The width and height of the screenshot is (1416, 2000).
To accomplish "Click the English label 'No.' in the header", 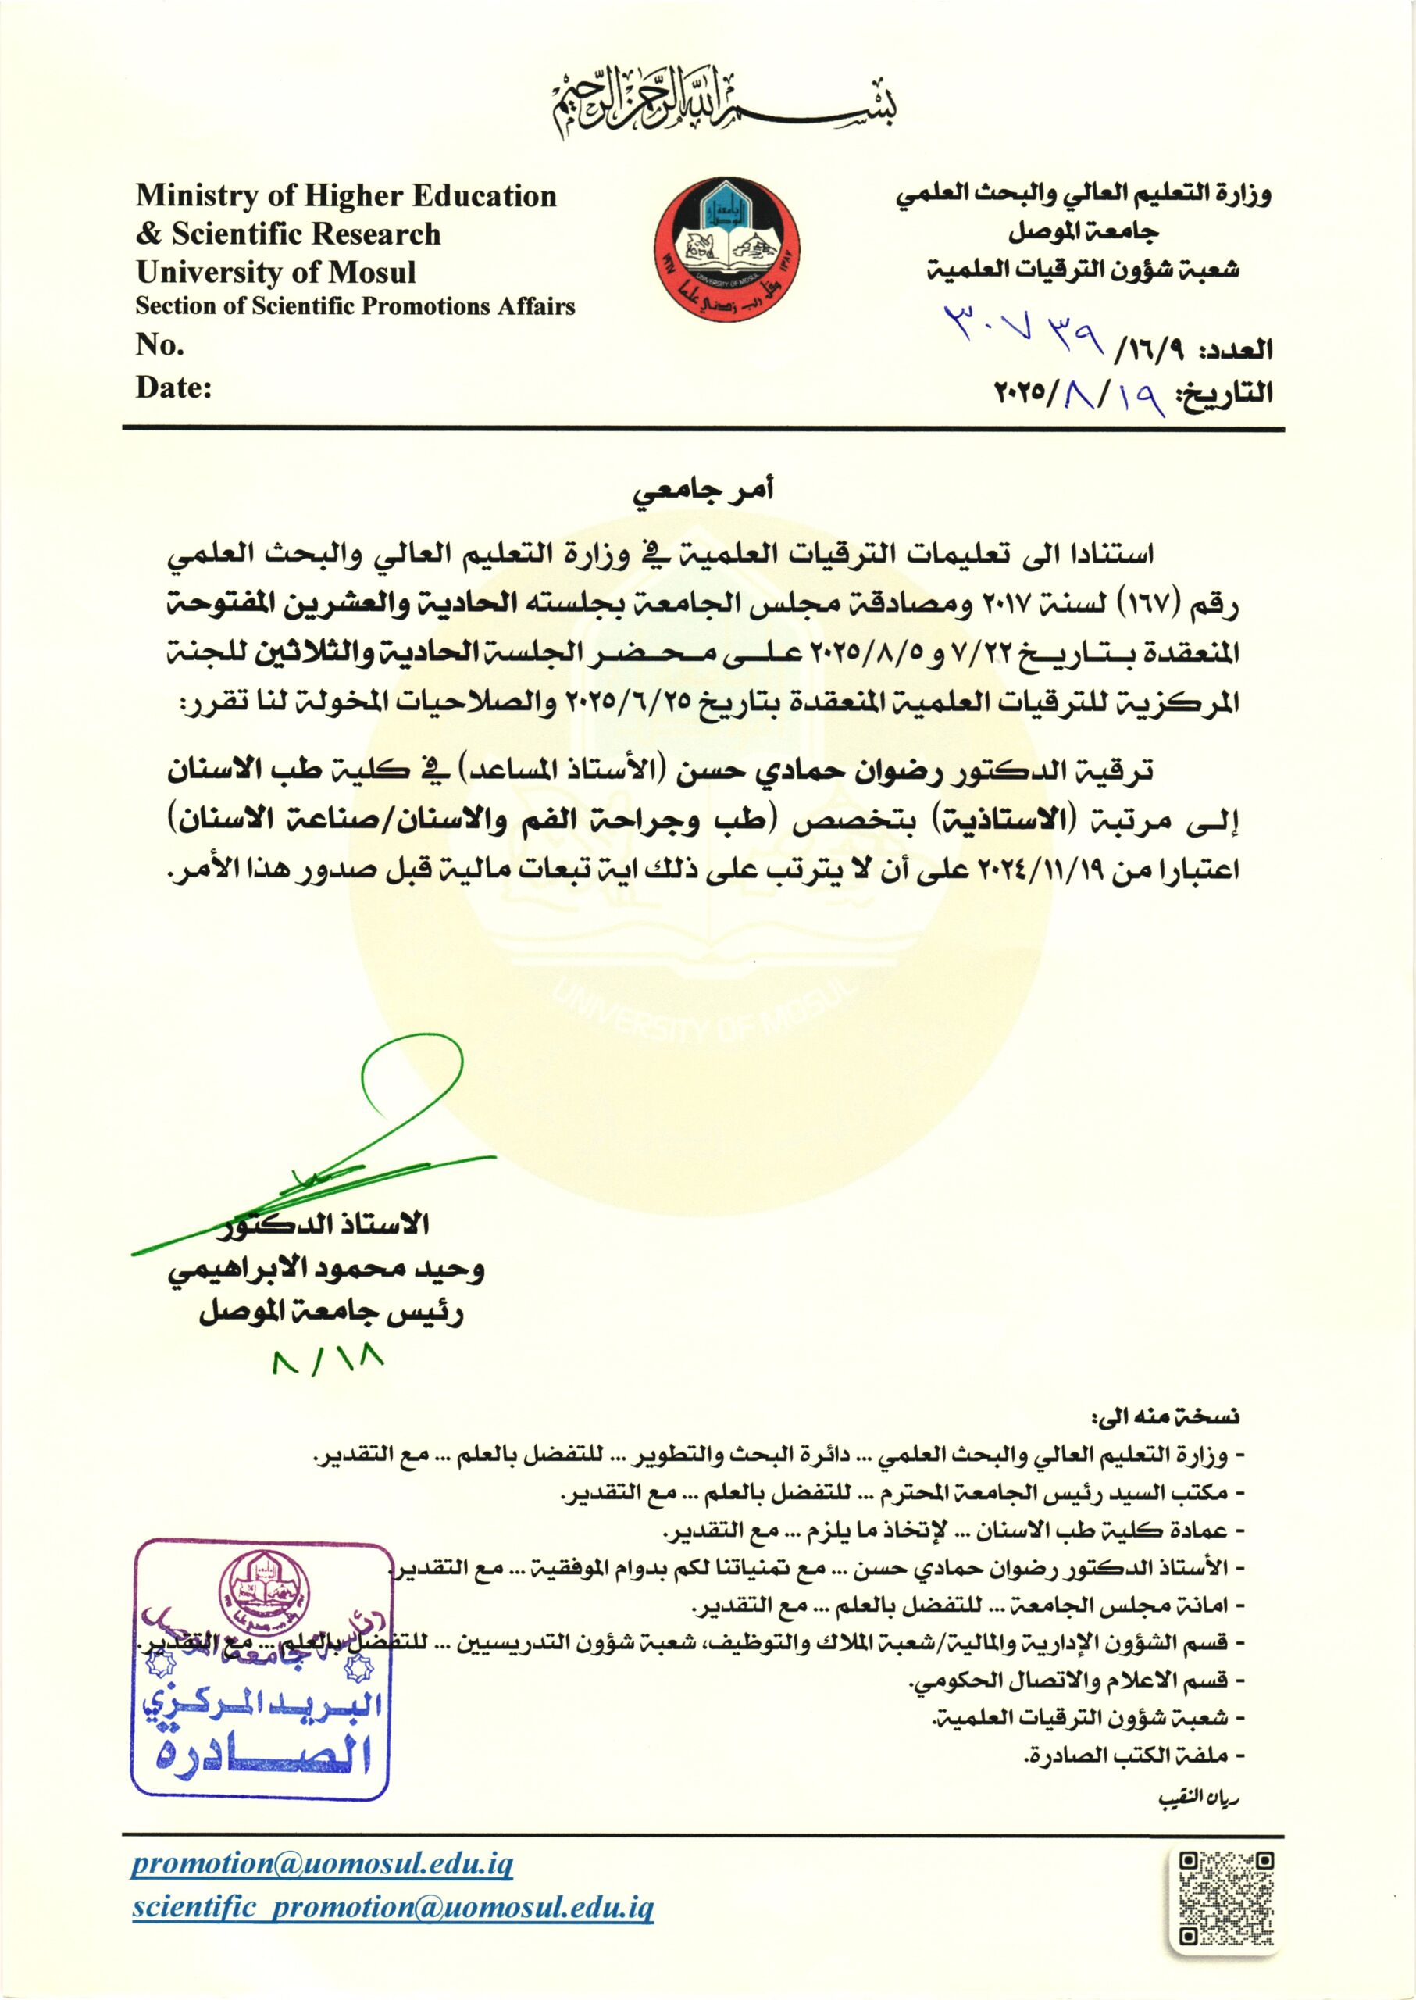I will pyautogui.click(x=159, y=346).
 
